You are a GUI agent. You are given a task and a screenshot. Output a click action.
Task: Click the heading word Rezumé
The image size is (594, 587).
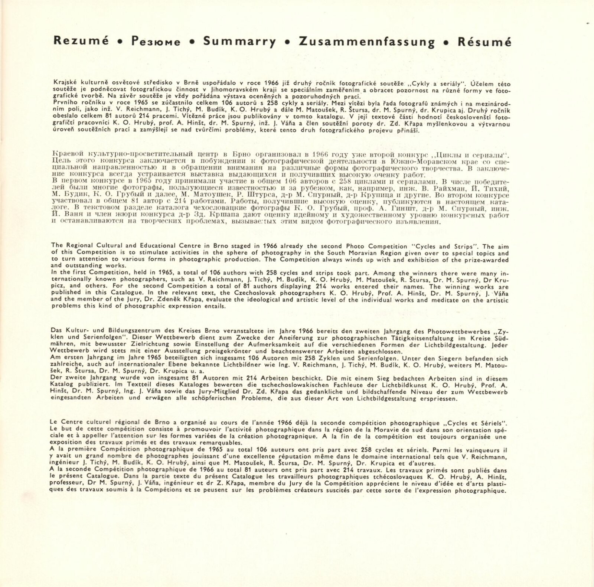click(x=81, y=41)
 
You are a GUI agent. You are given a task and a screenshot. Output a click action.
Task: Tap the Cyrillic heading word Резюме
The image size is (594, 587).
click(x=156, y=42)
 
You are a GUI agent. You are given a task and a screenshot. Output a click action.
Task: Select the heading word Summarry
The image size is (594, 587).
click(x=239, y=42)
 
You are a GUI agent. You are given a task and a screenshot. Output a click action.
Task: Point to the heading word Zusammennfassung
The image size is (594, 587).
click(x=366, y=42)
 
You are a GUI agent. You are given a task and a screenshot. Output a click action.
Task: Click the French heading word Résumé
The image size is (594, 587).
click(x=484, y=42)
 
